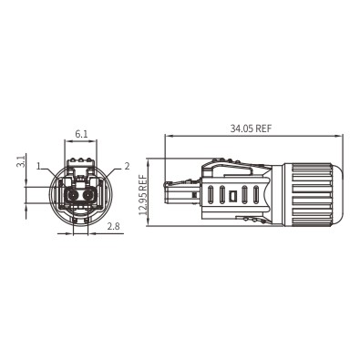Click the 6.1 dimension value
coord(81,134)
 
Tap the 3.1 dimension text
coord(20,161)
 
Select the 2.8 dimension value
coord(113,226)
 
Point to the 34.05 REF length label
coord(251,129)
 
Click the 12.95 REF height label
coord(143,195)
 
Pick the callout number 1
coord(38,166)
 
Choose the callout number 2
coord(127,166)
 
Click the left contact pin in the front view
coord(72,195)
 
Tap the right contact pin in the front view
coord(89,195)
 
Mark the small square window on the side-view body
coord(232,195)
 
